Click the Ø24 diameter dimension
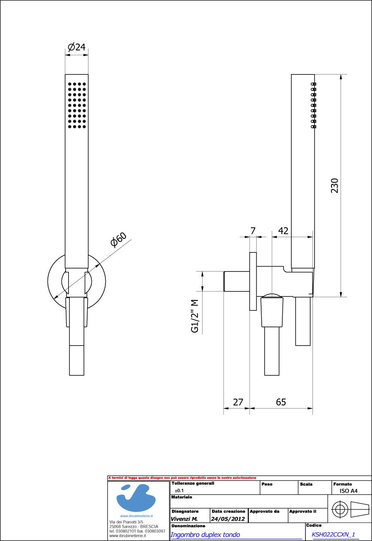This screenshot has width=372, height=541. click(x=76, y=47)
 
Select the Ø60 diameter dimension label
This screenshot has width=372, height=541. click(x=118, y=240)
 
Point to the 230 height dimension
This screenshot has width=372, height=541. click(x=334, y=185)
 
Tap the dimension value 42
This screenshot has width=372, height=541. click(x=283, y=231)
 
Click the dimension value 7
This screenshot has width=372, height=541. click(x=253, y=231)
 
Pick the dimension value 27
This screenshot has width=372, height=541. click(x=238, y=402)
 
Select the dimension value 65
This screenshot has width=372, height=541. click(x=281, y=402)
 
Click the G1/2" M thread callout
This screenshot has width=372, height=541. click(x=195, y=316)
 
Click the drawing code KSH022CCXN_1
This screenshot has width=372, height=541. click(x=333, y=534)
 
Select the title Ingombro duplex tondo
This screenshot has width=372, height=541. click(x=205, y=535)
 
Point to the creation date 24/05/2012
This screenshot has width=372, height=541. click(x=228, y=519)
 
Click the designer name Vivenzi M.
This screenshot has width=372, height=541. click(x=184, y=519)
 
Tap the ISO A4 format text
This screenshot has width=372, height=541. click(x=346, y=491)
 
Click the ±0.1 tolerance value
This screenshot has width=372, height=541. click(x=179, y=490)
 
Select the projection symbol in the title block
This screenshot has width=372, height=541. click(x=350, y=509)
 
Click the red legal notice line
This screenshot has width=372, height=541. click(x=182, y=478)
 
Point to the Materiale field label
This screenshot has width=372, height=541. click(x=181, y=497)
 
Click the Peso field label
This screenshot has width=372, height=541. click(x=267, y=484)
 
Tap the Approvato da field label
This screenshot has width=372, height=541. click(x=265, y=511)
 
